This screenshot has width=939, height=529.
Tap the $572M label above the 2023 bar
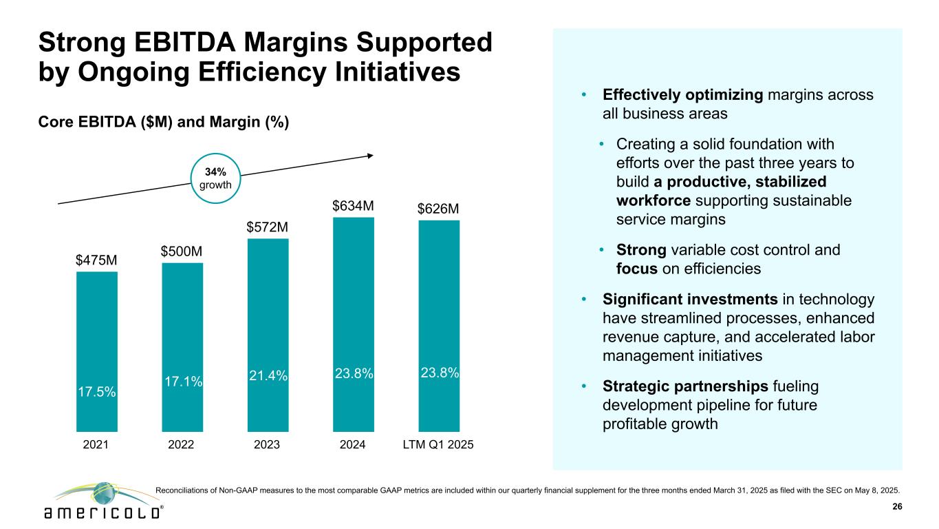tap(268, 227)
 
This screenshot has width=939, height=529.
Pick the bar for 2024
tap(353, 324)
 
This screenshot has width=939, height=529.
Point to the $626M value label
tap(438, 209)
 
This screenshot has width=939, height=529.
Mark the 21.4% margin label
tap(268, 375)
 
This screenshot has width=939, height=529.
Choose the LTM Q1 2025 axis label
tap(438, 445)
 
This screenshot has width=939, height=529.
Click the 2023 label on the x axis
tap(268, 445)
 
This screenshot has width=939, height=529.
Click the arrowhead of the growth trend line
tap(371, 155)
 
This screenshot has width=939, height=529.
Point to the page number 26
tap(896, 507)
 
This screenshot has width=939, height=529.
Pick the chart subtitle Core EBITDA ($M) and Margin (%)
tap(164, 122)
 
